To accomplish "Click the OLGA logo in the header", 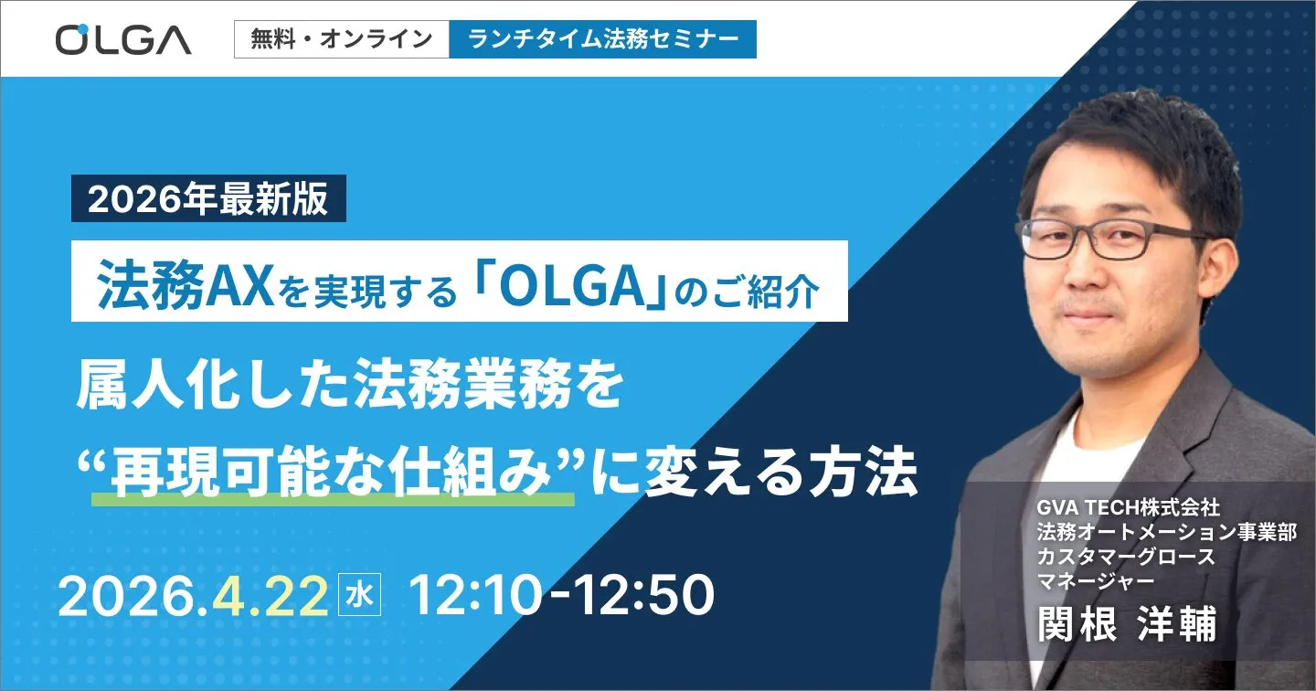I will pyautogui.click(x=123, y=39).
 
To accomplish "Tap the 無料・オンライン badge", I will pyautogui.click(x=342, y=39).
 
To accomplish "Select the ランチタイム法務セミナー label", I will pyautogui.click(x=602, y=39).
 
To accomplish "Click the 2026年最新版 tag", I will pyautogui.click(x=208, y=199).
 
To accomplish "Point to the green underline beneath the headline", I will pyautogui.click(x=334, y=499).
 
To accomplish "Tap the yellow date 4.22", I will pyautogui.click(x=270, y=597).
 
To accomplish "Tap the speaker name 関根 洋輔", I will pyautogui.click(x=1128, y=624).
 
